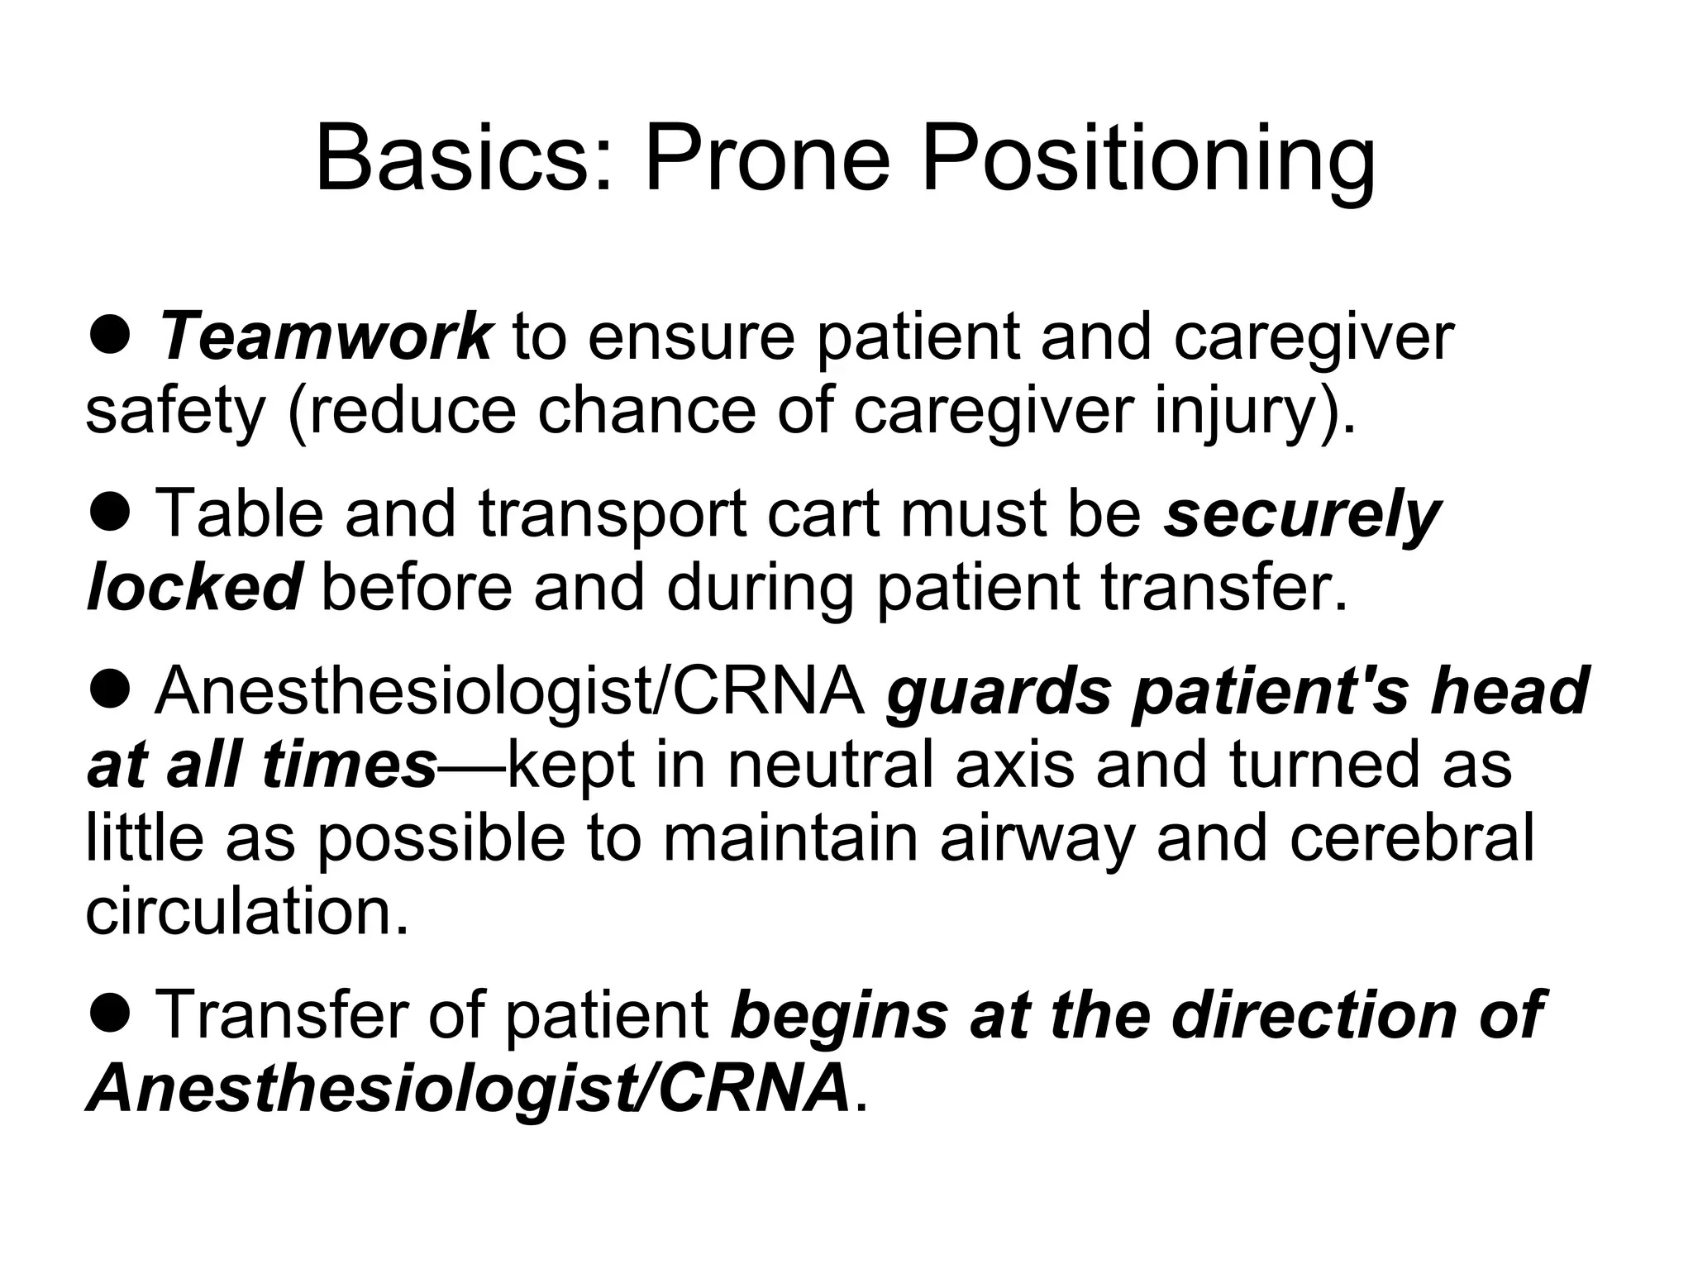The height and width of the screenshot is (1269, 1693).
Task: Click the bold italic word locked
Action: pos(193,587)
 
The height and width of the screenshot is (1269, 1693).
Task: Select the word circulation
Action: pos(247,912)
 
